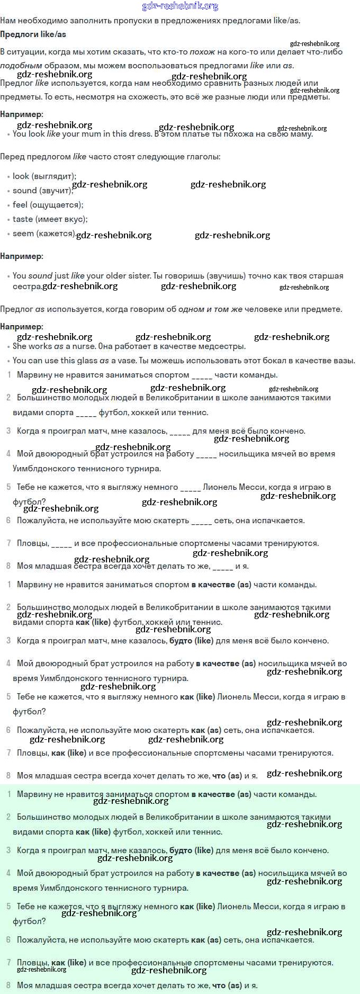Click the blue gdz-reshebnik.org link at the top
pyautogui.click(x=180, y=6)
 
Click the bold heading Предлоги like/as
pyautogui.click(x=33, y=34)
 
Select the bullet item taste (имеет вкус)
pyautogui.click(x=50, y=219)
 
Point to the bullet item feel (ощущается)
pyautogui.click(x=48, y=205)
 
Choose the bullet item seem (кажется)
pyautogui.click(x=44, y=234)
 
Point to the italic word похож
pyautogui.click(x=202, y=52)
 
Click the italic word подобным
pyautogui.click(x=21, y=66)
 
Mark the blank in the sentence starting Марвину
pyautogui.click(x=202, y=375)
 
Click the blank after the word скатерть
pyautogui.click(x=202, y=521)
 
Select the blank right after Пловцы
pyautogui.click(x=62, y=544)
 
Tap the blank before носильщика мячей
pyautogui.click(x=206, y=454)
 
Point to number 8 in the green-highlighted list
pyautogui.click(x=8, y=986)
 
